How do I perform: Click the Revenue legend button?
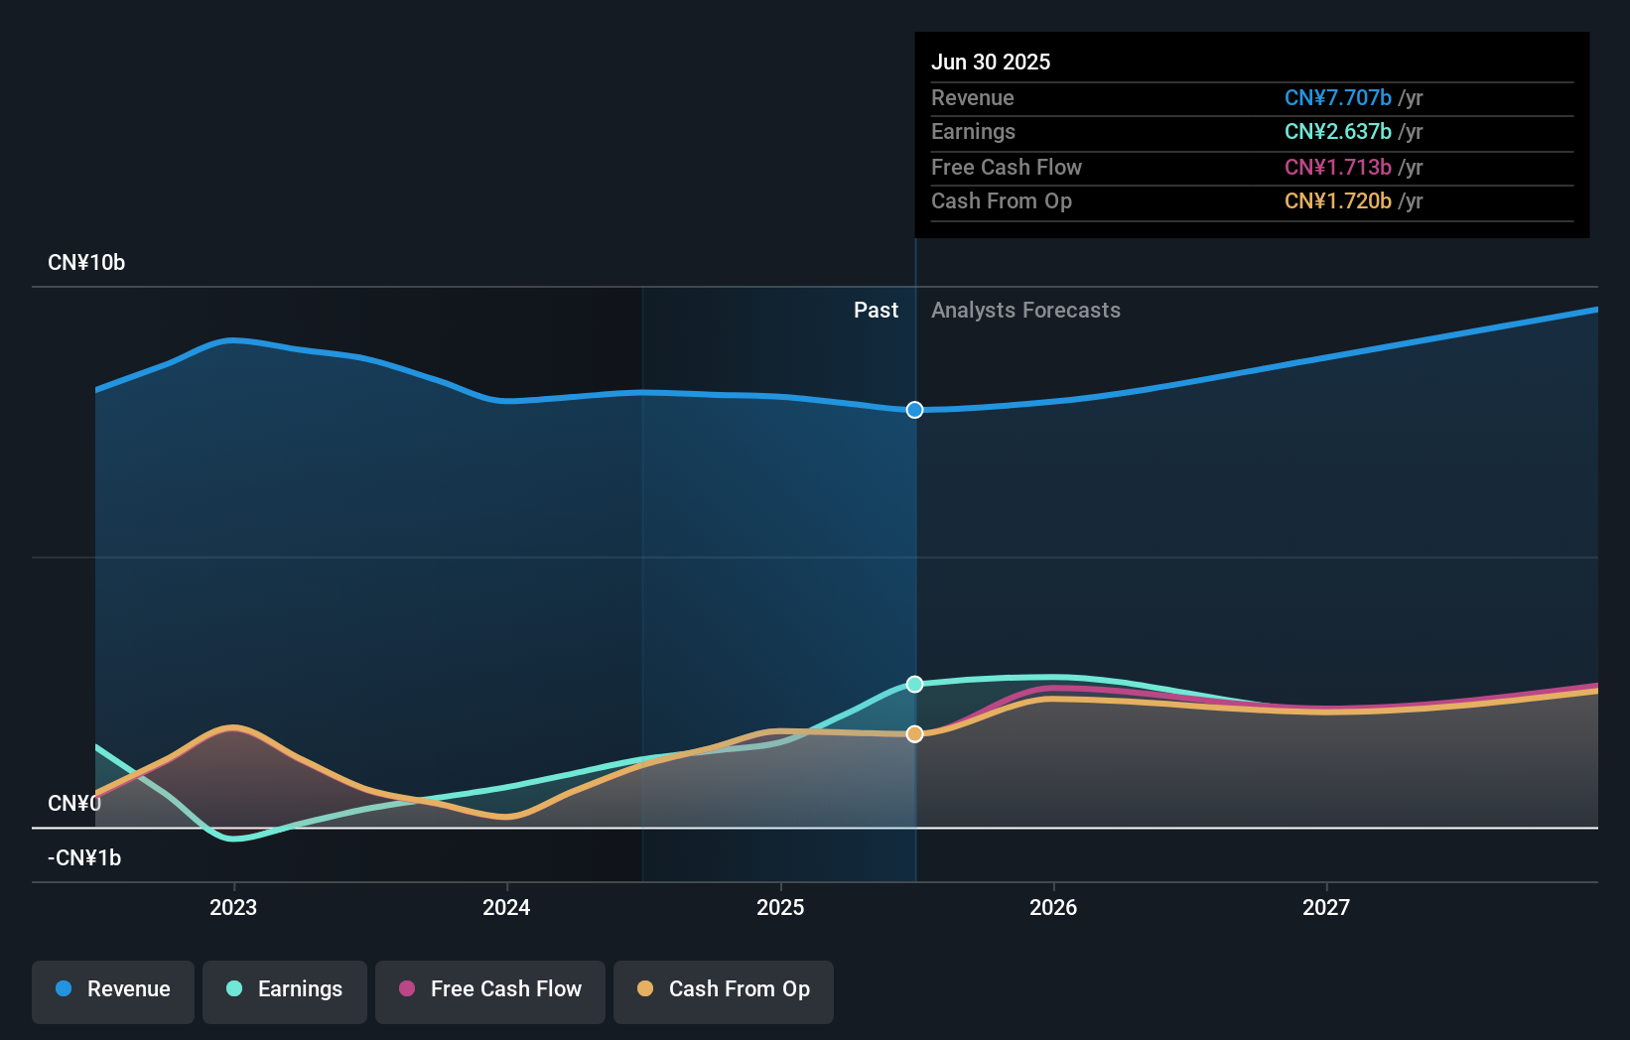113,990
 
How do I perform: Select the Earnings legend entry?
285,990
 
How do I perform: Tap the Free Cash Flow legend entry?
490,990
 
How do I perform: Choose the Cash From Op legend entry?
724,990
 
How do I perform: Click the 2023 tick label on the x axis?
233,908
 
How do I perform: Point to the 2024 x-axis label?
506,908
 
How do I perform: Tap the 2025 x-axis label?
780,908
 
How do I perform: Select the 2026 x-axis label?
1053,908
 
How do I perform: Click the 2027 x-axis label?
1326,908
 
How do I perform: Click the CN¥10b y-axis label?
86,263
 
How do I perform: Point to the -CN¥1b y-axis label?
84,858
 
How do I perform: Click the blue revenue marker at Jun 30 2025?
914,410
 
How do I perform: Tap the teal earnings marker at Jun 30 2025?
914,685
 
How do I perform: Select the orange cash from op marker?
914,734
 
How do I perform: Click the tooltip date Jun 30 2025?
990,63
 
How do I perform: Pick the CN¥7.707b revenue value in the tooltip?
1337,98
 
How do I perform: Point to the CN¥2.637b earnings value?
1337,132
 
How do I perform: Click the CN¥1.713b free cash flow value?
1337,168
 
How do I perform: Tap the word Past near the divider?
876,311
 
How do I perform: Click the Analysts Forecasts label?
1025,311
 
